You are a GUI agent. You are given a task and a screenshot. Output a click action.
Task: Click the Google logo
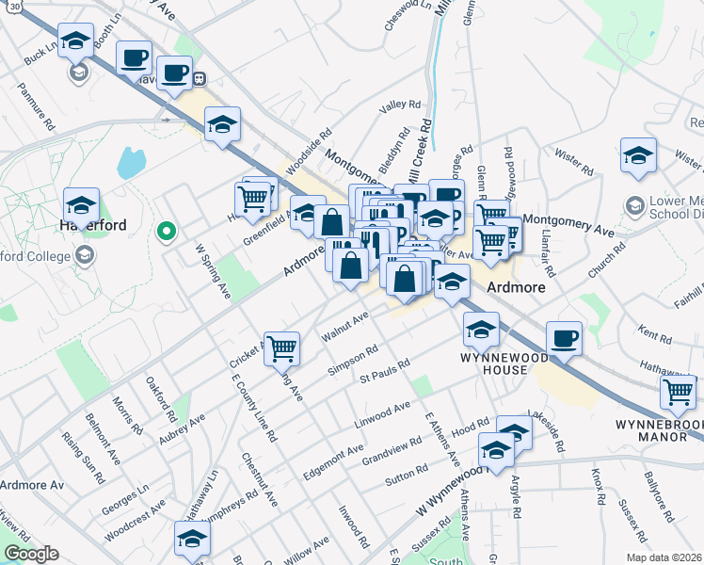31,554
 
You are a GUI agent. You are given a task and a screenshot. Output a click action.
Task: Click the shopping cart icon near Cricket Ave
281,348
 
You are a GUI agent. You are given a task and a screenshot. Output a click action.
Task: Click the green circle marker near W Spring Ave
167,230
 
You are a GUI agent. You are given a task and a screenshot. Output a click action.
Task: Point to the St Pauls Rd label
385,371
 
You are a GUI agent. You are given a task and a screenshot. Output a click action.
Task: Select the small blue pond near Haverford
132,163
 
